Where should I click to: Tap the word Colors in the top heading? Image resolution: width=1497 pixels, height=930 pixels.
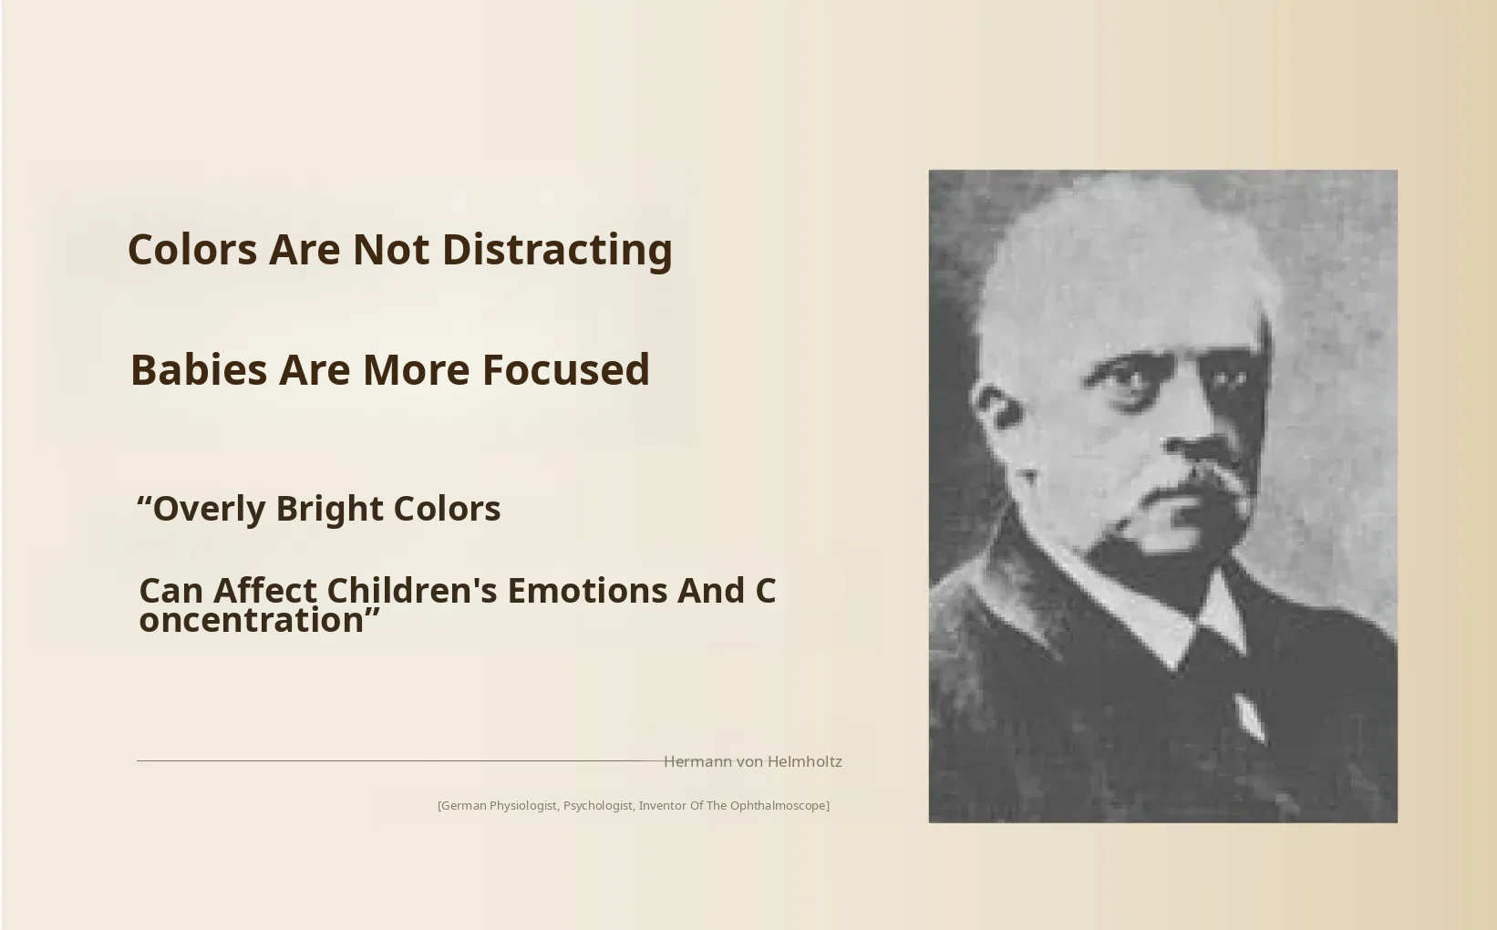coord(192,250)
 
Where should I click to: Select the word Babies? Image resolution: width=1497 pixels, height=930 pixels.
coord(199,370)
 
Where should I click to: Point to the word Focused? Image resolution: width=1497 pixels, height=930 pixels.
coord(566,370)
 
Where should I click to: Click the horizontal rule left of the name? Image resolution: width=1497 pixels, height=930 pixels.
coord(400,760)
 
